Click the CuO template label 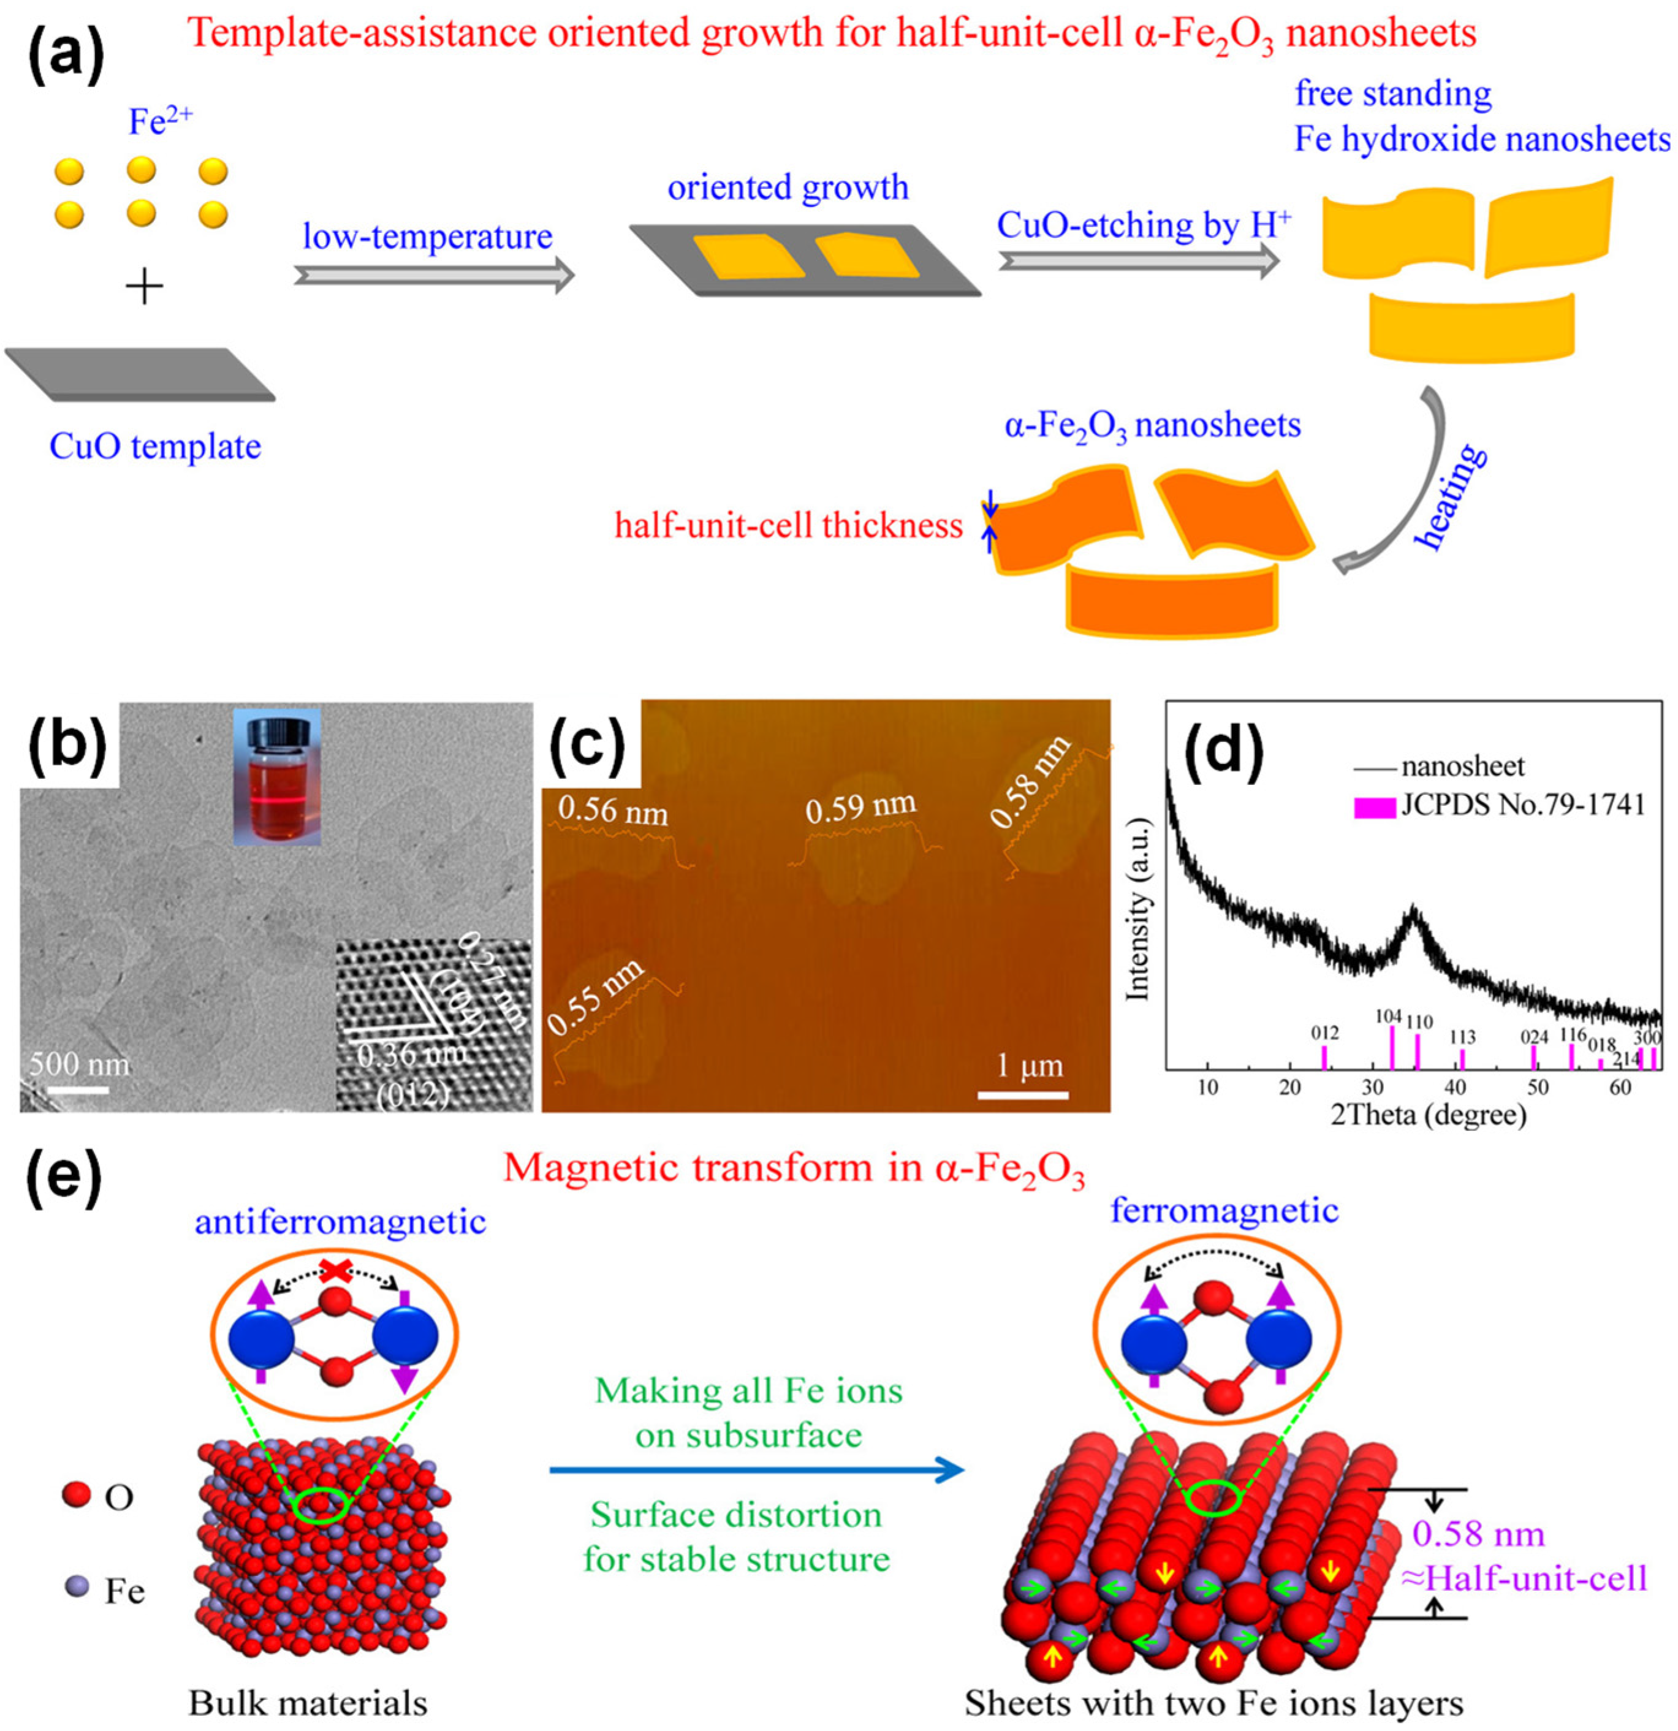(x=156, y=447)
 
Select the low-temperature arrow (x=433, y=275)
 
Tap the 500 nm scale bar (x=78, y=1090)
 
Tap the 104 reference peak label (x=1388, y=1017)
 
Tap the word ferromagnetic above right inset (x=1224, y=1210)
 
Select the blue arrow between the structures (x=755, y=1471)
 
